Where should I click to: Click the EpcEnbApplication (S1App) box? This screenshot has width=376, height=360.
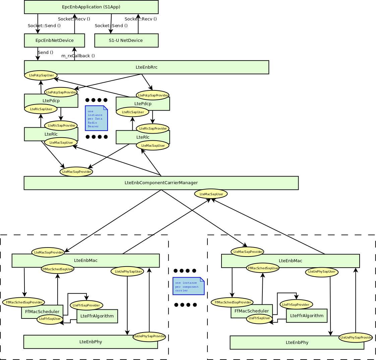tap(91, 7)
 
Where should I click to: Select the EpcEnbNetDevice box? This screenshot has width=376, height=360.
tap(54, 41)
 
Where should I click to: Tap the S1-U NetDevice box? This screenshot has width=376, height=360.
tap(126, 41)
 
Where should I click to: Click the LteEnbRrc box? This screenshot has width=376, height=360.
tap(146, 67)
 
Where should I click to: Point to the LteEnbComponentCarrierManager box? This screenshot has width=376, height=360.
tap(161, 183)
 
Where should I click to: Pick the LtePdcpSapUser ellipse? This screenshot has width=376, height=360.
tap(41, 75)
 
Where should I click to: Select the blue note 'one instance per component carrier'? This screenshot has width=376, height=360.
tap(188, 286)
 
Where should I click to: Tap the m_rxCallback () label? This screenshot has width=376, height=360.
tap(78, 56)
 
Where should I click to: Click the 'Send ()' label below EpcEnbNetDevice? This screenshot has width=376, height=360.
tap(46, 53)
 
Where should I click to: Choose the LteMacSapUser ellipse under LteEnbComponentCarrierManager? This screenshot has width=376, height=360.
tap(211, 194)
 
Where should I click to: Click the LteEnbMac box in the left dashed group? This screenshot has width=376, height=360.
tap(85, 261)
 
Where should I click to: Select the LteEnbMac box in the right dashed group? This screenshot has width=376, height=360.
tap(290, 261)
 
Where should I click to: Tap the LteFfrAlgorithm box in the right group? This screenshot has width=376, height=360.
tap(307, 316)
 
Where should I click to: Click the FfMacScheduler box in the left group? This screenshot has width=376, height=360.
tap(42, 312)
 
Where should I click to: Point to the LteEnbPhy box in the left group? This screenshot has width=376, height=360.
tap(90, 342)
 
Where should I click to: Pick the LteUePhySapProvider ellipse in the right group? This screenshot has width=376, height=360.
tap(355, 337)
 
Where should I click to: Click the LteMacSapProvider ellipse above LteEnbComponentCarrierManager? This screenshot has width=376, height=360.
tap(76, 172)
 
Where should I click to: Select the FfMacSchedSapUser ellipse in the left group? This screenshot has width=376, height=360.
tap(58, 269)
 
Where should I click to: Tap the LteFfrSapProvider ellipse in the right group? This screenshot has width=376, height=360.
tap(296, 304)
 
